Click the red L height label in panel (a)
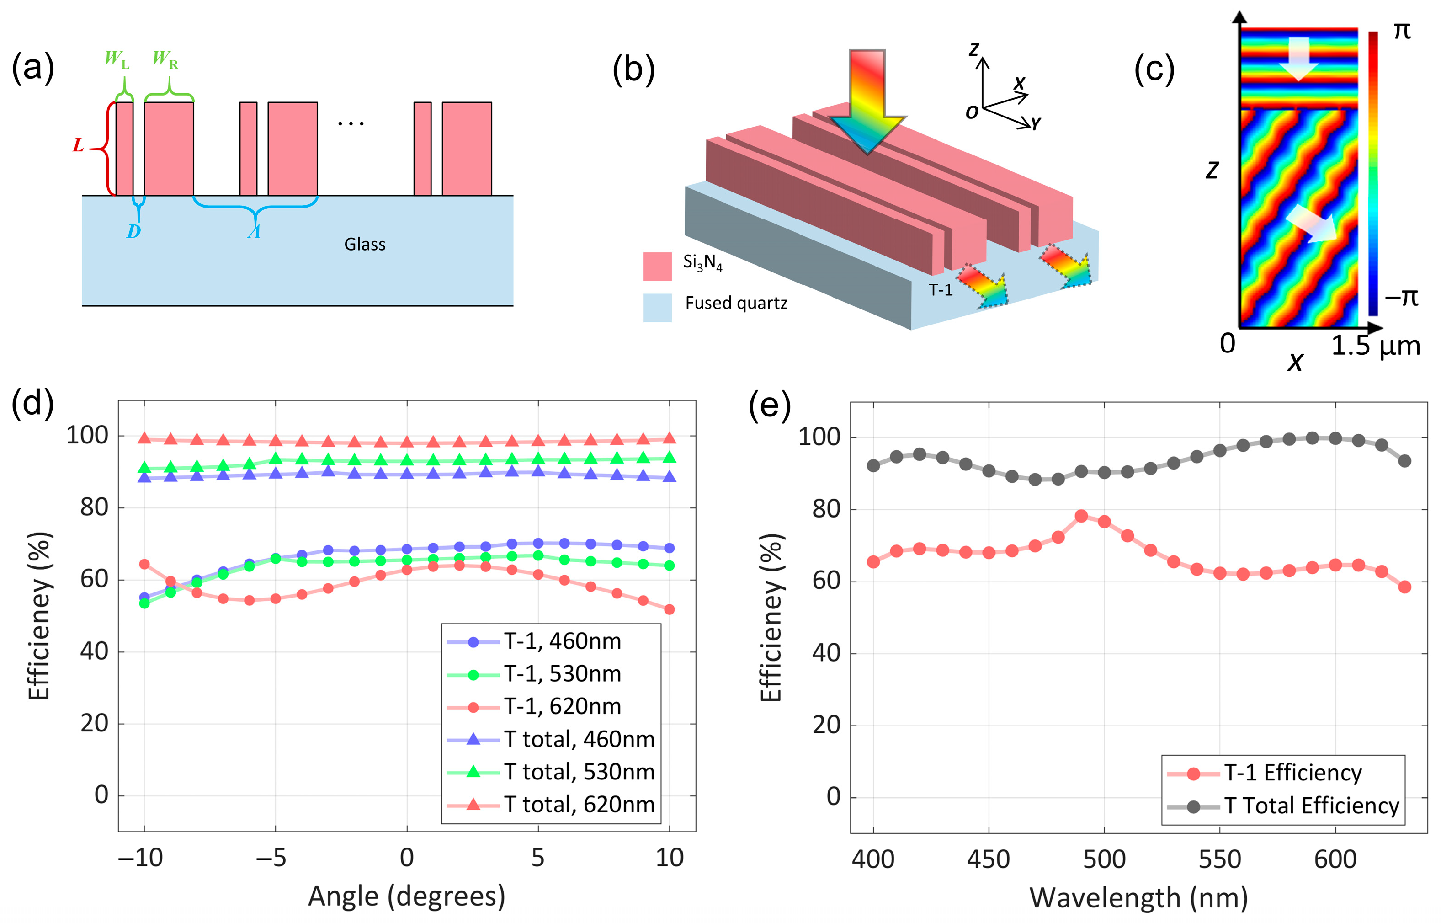click(78, 146)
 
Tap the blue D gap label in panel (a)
click(133, 231)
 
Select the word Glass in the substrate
click(364, 245)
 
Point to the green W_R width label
click(165, 59)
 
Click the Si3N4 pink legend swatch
click(657, 266)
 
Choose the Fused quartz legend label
click(736, 303)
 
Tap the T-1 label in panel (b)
click(940, 290)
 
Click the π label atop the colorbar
click(1401, 30)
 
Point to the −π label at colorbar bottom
click(1401, 297)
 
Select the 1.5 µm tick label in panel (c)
click(1376, 346)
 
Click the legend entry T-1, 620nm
click(562, 707)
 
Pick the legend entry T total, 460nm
click(579, 740)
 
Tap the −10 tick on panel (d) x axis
click(141, 858)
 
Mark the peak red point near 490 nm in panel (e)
click(1081, 516)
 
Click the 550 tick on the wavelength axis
click(1219, 859)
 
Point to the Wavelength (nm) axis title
click(1138, 898)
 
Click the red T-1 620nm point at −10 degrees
click(144, 564)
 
